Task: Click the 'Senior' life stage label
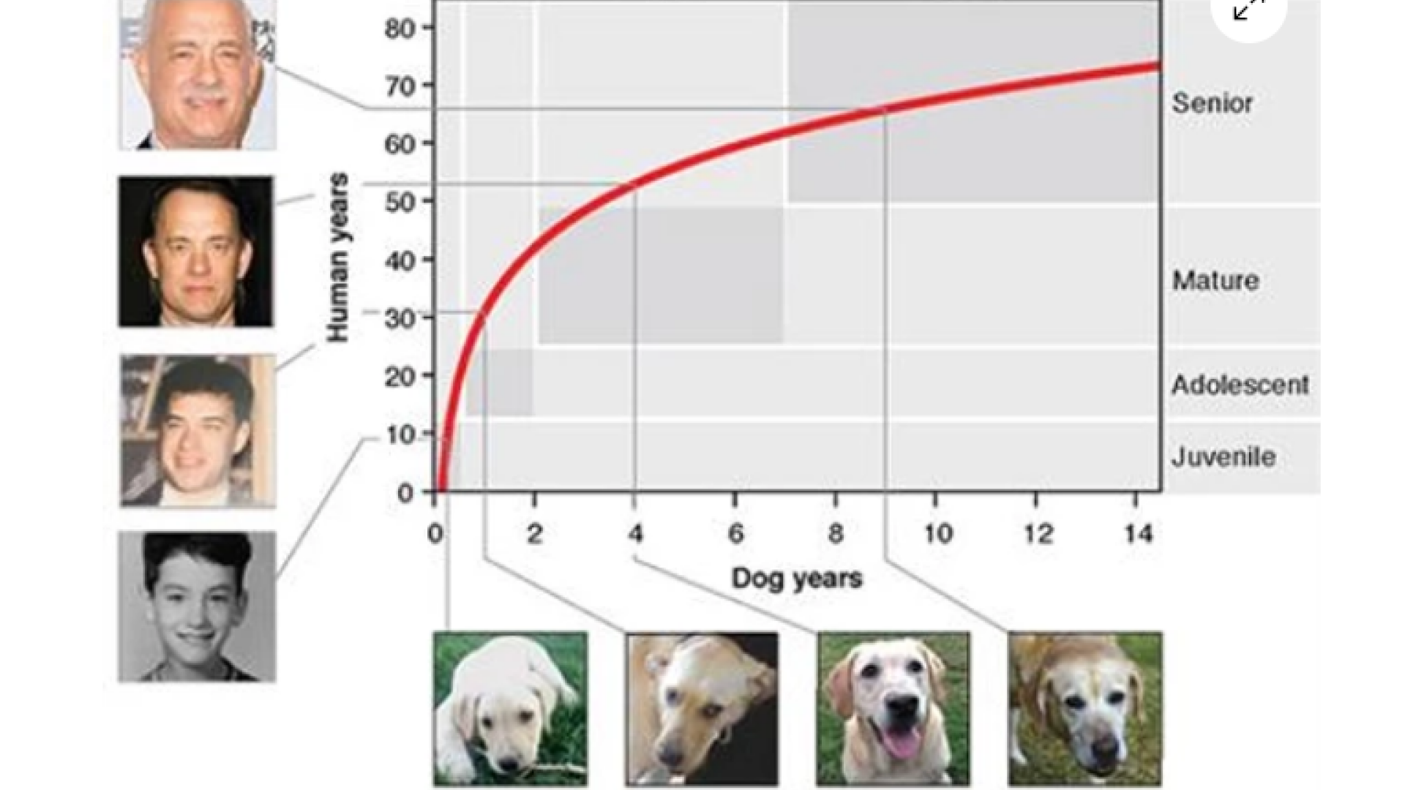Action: (1212, 103)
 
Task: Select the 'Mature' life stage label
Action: (1215, 280)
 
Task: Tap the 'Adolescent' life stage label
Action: (1240, 385)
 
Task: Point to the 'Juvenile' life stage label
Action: (1223, 457)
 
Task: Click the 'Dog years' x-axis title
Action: (797, 579)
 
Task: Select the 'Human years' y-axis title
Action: (337, 257)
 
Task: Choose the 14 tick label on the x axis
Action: (1138, 535)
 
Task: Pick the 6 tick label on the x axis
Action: (735, 535)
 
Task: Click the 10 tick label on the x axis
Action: (937, 535)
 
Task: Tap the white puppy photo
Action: (510, 709)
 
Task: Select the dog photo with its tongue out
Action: (893, 709)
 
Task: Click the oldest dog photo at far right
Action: (1084, 709)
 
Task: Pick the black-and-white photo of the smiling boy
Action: (197, 606)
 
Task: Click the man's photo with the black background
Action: (195, 251)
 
